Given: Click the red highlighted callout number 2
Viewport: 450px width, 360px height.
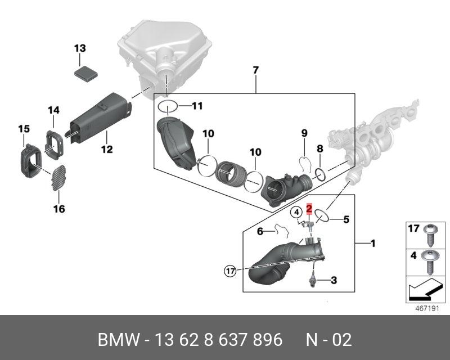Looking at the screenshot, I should (x=309, y=209).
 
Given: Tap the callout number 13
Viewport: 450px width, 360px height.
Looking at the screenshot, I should (x=80, y=48).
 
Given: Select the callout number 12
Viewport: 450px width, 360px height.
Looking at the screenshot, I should (x=106, y=149).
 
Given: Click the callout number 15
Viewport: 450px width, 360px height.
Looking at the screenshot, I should (x=23, y=130).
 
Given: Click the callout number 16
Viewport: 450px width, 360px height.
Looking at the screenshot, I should (x=59, y=209).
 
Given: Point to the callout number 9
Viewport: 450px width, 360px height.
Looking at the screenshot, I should (x=304, y=133).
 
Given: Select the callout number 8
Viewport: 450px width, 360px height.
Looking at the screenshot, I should (x=319, y=149).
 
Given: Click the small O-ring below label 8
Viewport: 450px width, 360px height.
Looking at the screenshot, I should (x=319, y=174).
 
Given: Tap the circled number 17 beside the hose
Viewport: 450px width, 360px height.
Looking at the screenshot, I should (x=229, y=271).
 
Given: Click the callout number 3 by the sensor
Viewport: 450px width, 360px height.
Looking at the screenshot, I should (x=333, y=280).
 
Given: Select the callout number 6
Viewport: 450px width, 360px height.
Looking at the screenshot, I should (x=260, y=231).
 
